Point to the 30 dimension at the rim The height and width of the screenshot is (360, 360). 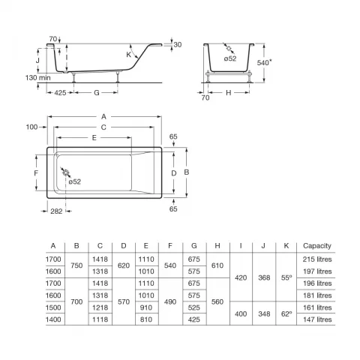(178, 45)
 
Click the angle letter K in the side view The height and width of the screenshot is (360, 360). (128, 55)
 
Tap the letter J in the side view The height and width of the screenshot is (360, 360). (37, 57)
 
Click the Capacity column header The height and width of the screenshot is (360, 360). (314, 246)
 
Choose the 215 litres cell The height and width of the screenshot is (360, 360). (316, 259)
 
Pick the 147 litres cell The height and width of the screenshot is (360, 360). (316, 319)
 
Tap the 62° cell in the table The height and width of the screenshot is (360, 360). (286, 313)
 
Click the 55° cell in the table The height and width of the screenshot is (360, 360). (286, 277)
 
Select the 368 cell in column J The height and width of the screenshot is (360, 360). (263, 277)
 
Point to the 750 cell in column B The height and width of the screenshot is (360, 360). (76, 265)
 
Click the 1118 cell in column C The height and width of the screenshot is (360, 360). (100, 319)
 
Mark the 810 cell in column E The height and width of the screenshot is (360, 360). (146, 319)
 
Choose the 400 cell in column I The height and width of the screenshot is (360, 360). (240, 313)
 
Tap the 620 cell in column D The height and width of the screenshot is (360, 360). (123, 265)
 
